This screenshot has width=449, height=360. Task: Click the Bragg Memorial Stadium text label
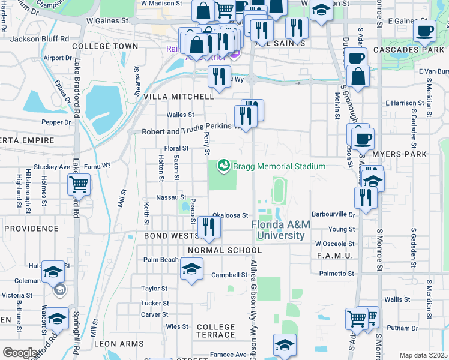(x=279, y=166)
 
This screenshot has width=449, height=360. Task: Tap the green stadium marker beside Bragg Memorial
(x=224, y=164)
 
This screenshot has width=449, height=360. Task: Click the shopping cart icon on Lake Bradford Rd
(x=79, y=185)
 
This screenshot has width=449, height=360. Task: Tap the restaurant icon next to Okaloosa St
(x=209, y=227)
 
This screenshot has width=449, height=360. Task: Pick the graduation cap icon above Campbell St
(x=191, y=268)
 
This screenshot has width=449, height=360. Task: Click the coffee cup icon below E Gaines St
(x=425, y=31)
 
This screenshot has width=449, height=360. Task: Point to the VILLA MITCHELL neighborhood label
(x=179, y=96)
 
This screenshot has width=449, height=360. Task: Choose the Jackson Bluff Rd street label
(x=37, y=39)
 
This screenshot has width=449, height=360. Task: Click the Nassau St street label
(x=171, y=197)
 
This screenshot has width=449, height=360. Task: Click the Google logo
(x=20, y=353)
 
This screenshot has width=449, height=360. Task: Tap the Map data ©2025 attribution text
(x=423, y=355)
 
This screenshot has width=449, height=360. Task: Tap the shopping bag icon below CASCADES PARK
(x=358, y=77)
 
